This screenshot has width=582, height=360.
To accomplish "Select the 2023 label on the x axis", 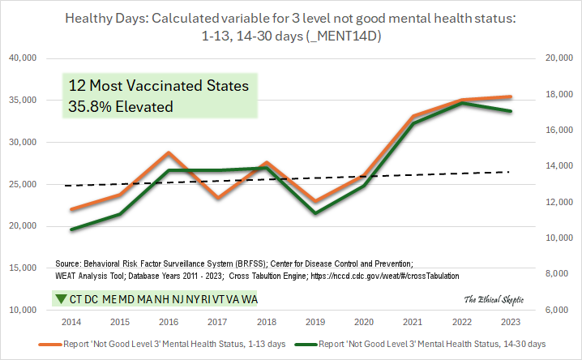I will tap(511, 322).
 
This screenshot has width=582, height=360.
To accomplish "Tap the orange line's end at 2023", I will tap(511, 97).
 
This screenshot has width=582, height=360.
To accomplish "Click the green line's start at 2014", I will tap(71, 229).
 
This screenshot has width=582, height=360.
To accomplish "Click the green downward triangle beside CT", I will tap(61, 299).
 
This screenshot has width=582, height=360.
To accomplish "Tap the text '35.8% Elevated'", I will tap(122, 105).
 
